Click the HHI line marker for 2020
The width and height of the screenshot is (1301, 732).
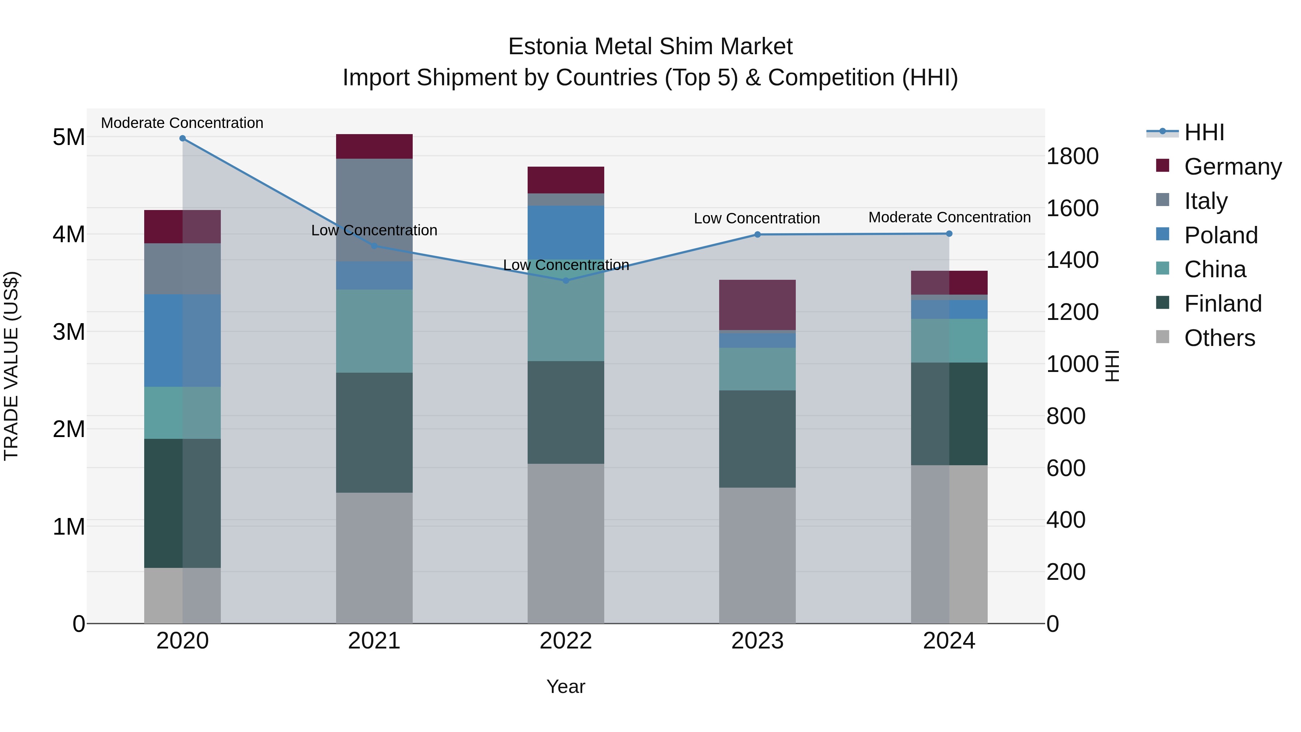click(183, 138)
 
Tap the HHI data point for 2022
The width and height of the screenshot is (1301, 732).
click(566, 281)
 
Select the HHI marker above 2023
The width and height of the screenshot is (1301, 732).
click(757, 234)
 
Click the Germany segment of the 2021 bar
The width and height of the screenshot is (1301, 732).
click(374, 146)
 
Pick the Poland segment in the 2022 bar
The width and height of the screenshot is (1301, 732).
click(566, 232)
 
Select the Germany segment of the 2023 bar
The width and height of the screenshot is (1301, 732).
click(757, 305)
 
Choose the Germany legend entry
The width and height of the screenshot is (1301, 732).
click(1232, 167)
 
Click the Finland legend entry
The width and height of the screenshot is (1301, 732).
click(1222, 304)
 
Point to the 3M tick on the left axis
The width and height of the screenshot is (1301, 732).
click(69, 332)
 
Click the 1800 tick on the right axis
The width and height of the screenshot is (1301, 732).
click(1072, 156)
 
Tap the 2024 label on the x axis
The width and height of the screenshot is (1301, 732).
click(949, 641)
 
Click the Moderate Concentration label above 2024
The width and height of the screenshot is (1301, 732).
click(949, 217)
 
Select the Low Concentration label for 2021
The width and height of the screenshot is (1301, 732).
click(374, 230)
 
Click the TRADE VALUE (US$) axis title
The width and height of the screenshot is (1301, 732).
click(11, 366)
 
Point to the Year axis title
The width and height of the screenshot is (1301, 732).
click(566, 686)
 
